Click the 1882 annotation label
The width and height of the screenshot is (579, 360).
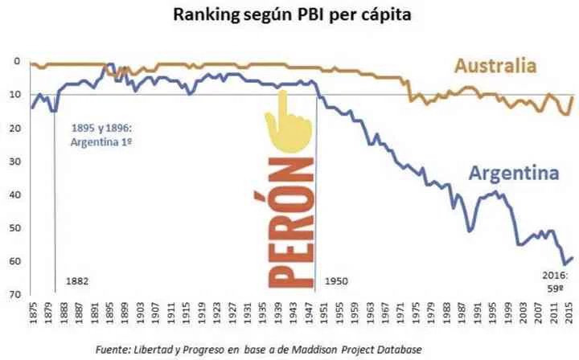click(78, 281)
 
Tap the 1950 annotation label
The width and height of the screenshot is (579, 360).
click(336, 281)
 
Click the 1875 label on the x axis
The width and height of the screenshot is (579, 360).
click(32, 314)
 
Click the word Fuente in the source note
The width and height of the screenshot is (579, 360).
click(114, 349)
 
